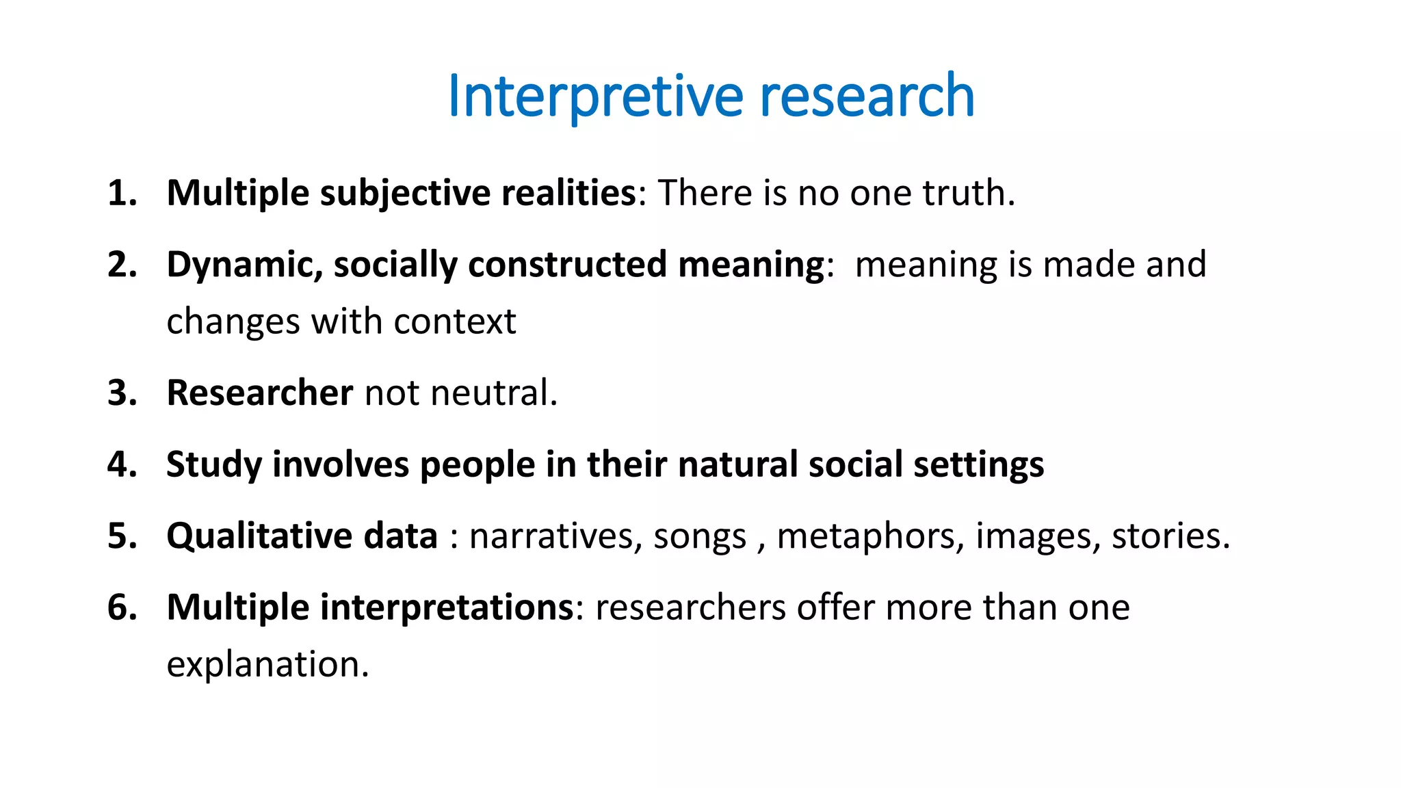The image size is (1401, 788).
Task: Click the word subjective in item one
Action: click(x=404, y=193)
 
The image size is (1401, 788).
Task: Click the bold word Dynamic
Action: click(x=244, y=265)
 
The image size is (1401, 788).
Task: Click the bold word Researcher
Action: click(x=259, y=393)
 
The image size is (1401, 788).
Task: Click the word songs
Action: click(x=699, y=537)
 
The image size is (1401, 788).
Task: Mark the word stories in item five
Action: click(x=1167, y=536)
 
